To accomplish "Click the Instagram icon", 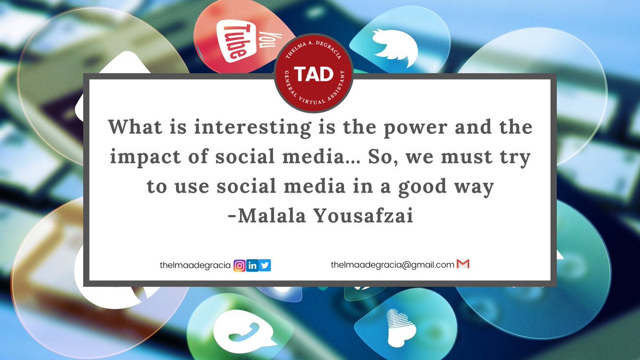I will click(240, 265).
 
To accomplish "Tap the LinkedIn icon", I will click(253, 265).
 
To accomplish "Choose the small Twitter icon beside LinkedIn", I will click(265, 265).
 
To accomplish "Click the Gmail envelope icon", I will click(463, 264).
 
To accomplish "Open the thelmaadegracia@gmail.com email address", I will click(393, 265).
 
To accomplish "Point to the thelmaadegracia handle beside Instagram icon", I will click(195, 265).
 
